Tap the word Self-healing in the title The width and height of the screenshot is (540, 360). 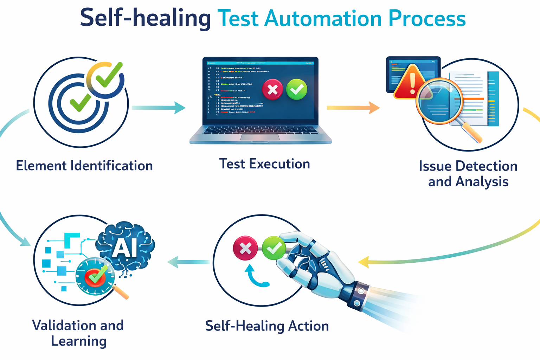click(145, 18)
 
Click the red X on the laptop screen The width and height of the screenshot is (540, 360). click(272, 90)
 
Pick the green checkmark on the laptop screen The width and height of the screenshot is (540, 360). click(297, 89)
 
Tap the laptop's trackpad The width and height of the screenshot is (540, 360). click(260, 137)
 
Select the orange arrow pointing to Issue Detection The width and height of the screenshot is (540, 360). click(353, 108)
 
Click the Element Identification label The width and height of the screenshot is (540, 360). click(84, 166)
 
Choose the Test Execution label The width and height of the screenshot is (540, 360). click(264, 164)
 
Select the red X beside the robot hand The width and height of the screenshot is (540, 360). click(245, 248)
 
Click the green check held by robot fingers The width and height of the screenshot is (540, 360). click(274, 248)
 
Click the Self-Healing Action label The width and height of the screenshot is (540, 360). click(267, 326)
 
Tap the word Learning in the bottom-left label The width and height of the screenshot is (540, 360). click(79, 341)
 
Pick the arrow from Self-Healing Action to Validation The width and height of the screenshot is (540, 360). click(188, 262)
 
